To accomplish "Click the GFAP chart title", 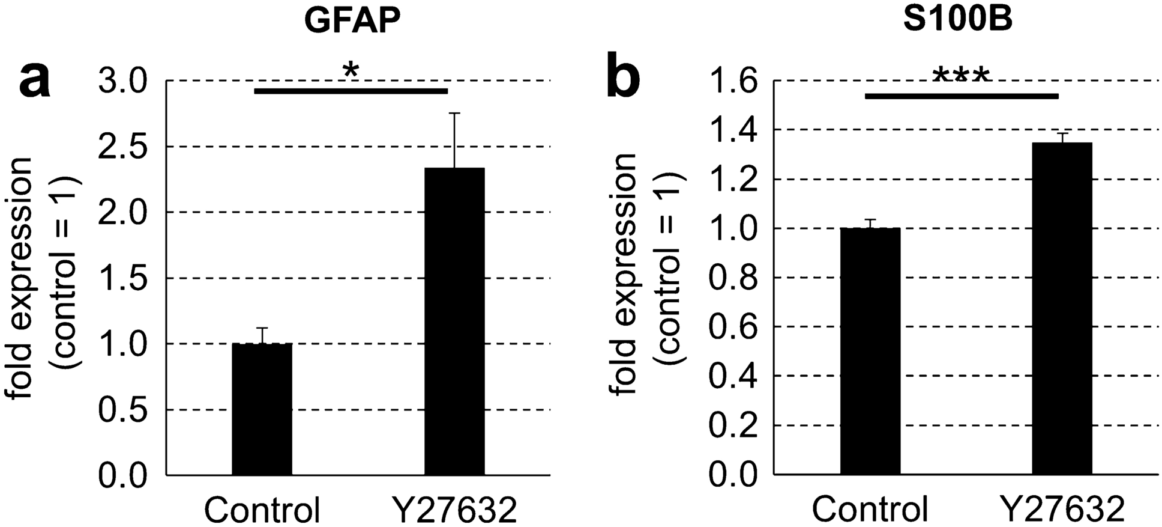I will click(x=351, y=22).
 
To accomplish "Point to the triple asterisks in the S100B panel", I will click(x=960, y=77).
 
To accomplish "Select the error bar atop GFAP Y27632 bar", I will click(x=454, y=139).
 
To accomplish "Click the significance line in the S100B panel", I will click(x=961, y=96).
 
